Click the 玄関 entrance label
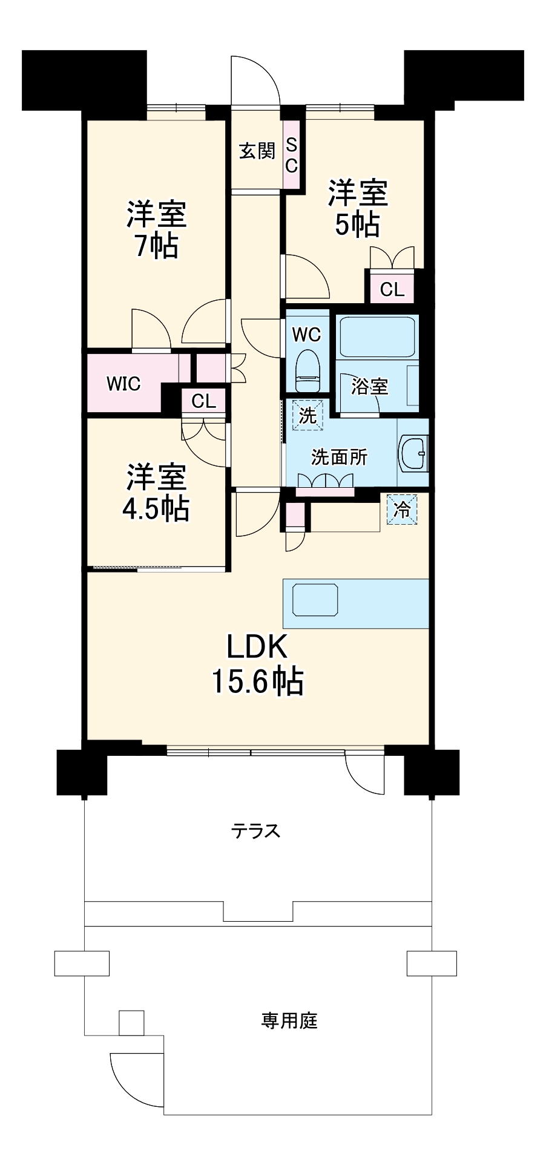pos(257,151)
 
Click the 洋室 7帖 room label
pos(156,229)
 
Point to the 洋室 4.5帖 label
pos(156,493)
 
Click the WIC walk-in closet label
pos(123,384)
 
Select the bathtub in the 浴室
pos(378,337)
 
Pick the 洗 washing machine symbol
pos(308,416)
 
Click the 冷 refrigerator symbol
pos(402,510)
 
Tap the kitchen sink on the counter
pos(315,600)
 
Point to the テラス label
pos(256,831)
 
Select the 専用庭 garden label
pos(289,1022)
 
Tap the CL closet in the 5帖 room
pos(392,290)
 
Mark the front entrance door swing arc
pos(257,76)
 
